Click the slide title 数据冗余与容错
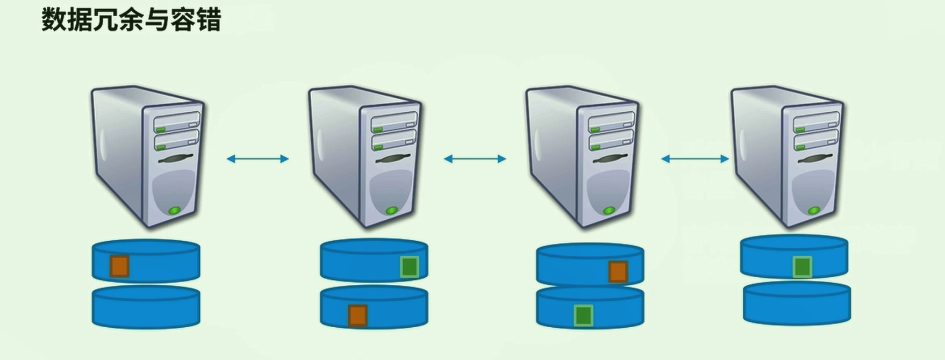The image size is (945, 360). tap(131, 20)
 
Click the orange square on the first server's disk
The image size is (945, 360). tap(119, 267)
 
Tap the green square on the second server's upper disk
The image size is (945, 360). tap(410, 267)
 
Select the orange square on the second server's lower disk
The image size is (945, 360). tap(357, 316)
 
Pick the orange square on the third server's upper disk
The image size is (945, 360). tap(618, 272)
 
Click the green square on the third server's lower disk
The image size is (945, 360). tap(583, 316)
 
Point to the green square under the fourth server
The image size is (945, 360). tap(803, 267)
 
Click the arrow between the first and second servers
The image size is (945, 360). tap(257, 159)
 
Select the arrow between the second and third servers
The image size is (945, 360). tap(475, 159)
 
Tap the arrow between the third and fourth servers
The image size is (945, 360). tap(695, 159)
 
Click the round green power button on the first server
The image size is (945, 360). tap(174, 211)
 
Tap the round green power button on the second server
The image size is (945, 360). tap(392, 211)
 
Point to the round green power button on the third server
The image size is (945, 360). tap(609, 211)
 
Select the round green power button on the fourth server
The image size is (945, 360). tap(814, 211)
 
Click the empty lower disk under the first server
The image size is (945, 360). tap(146, 307)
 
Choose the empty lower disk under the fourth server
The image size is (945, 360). tap(797, 304)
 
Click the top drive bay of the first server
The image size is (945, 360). tap(177, 123)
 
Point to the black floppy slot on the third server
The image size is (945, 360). tap(612, 160)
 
